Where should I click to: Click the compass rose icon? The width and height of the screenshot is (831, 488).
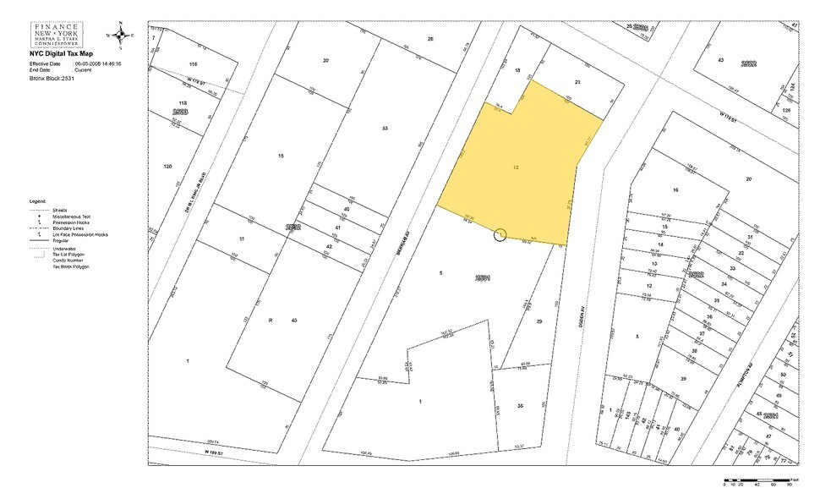tap(119, 36)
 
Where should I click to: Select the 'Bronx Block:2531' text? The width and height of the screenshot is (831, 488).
tap(52, 77)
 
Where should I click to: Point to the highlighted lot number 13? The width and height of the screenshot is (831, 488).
tap(516, 167)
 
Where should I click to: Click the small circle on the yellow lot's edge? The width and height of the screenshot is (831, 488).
tap(500, 233)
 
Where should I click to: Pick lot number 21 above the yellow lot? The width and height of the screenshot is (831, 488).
tap(577, 82)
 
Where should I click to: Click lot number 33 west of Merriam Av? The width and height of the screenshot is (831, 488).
tap(385, 129)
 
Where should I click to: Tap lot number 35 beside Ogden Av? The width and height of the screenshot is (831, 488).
tap(520, 407)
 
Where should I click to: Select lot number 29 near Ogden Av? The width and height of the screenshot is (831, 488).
tap(539, 322)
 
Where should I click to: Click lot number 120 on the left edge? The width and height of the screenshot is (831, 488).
tap(167, 167)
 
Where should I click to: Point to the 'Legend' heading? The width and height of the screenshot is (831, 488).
tap(37, 201)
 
